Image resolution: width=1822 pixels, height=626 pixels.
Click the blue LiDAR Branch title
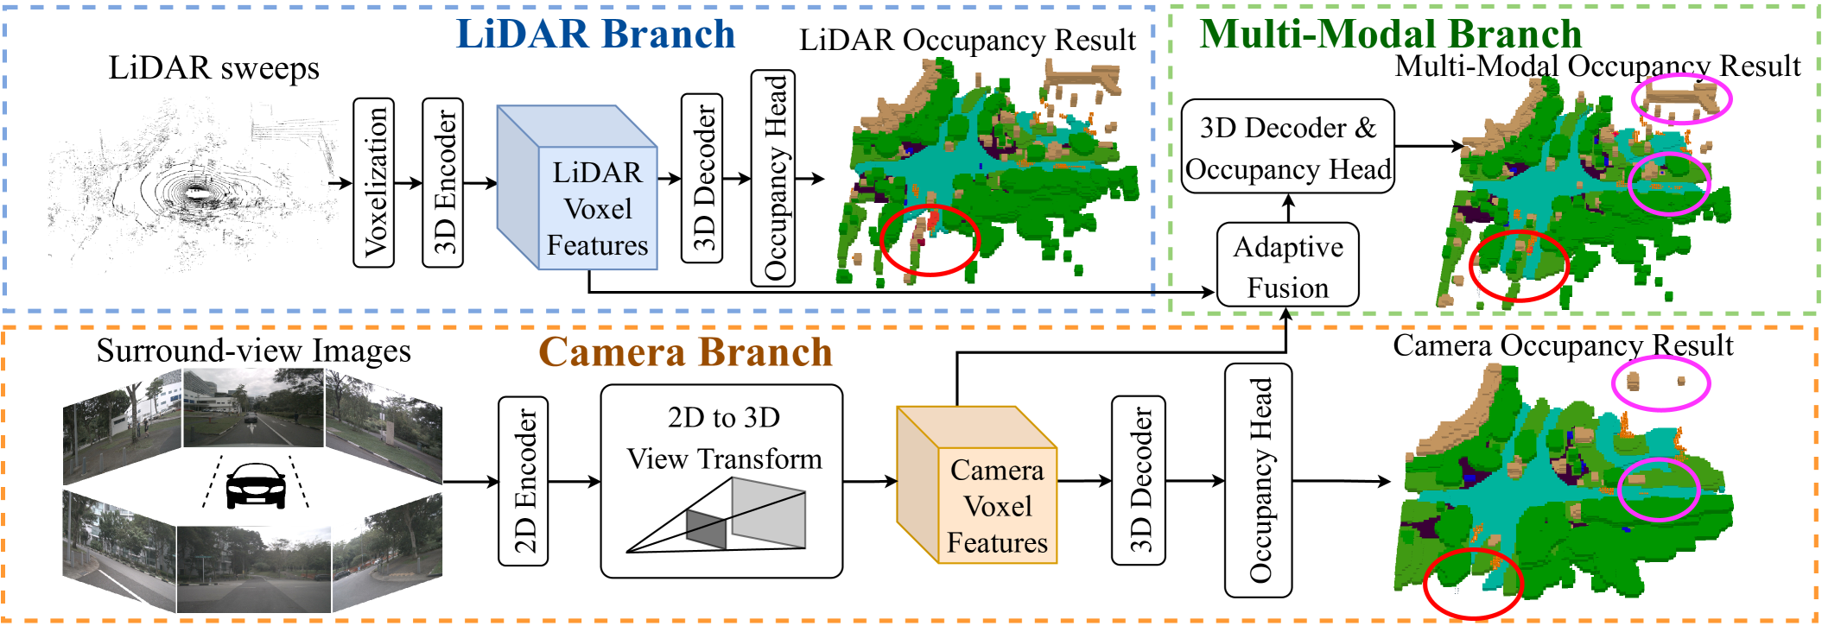click(x=595, y=35)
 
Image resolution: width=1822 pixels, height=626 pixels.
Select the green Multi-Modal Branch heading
click(x=1390, y=35)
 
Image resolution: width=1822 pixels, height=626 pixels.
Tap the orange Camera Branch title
click(x=685, y=352)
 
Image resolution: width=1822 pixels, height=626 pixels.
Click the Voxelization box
click(x=374, y=182)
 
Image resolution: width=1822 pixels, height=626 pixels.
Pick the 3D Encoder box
click(x=442, y=182)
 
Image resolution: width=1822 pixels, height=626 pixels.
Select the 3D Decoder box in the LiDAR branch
click(x=702, y=178)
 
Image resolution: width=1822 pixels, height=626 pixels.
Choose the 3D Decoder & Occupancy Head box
click(x=1287, y=147)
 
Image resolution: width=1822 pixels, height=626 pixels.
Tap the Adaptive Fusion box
click(x=1287, y=265)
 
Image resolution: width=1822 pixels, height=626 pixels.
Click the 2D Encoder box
click(x=523, y=481)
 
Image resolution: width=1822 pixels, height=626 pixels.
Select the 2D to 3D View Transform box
click(x=721, y=481)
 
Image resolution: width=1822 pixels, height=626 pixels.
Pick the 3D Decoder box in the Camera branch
click(x=1138, y=481)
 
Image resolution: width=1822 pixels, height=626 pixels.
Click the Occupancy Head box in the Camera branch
click(x=1258, y=481)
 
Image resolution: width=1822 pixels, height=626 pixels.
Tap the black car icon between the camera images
click(x=255, y=486)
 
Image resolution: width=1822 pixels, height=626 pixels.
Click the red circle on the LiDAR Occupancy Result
click(x=930, y=241)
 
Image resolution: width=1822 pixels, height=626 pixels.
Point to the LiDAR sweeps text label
click(x=213, y=68)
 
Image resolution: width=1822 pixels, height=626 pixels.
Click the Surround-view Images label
click(x=253, y=351)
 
